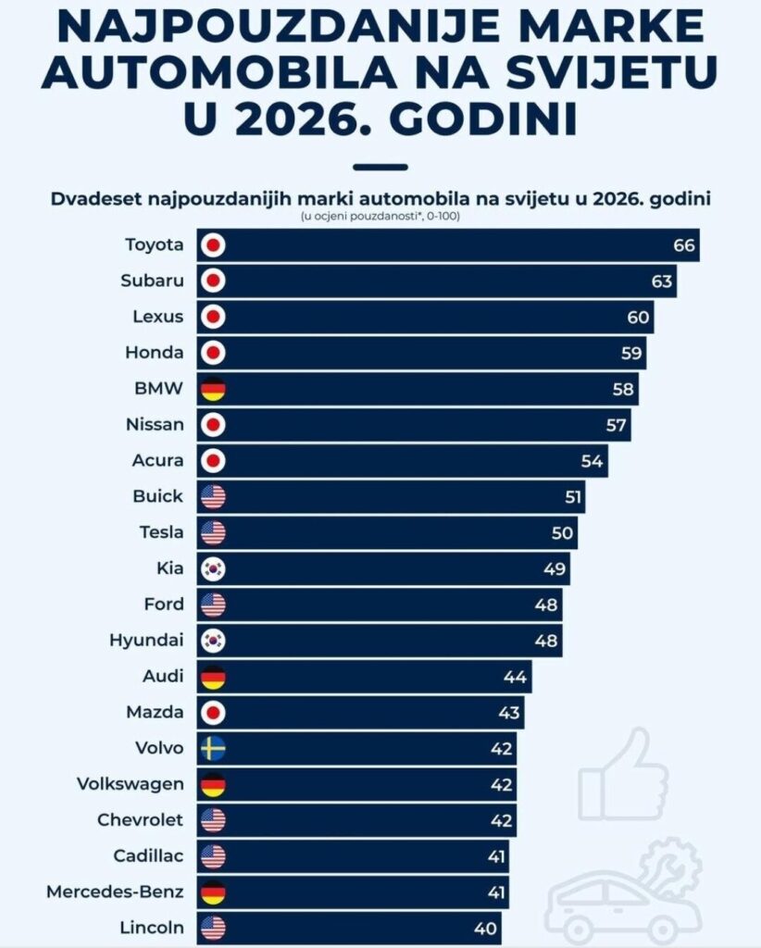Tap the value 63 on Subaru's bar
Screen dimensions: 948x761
pyautogui.click(x=661, y=281)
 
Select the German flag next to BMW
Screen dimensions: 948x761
pyautogui.click(x=214, y=389)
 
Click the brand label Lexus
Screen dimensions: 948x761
pyautogui.click(x=158, y=317)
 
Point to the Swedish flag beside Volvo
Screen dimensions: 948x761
pyautogui.click(x=214, y=748)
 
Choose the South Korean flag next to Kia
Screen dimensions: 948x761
pyautogui.click(x=214, y=568)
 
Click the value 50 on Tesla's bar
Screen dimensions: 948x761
pyautogui.click(x=562, y=532)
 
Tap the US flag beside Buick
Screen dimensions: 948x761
pyautogui.click(x=214, y=496)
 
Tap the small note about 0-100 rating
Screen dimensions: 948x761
pyautogui.click(x=380, y=217)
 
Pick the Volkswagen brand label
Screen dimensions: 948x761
pyautogui.click(x=131, y=784)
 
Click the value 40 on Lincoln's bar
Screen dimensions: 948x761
pyautogui.click(x=486, y=928)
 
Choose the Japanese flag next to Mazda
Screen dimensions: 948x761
pyautogui.click(x=214, y=713)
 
